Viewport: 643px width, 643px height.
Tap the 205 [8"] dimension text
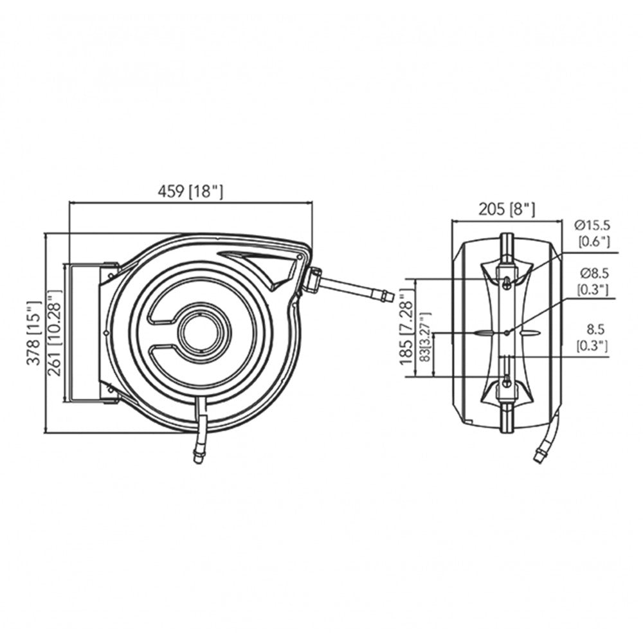coord(506,208)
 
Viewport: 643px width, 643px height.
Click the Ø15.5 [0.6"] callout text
coord(591,232)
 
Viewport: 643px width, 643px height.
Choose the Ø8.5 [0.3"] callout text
coord(591,281)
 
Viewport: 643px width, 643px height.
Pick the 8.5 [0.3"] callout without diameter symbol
coord(591,338)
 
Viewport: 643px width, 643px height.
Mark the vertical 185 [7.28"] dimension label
coord(406,327)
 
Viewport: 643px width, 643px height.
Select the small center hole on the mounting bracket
coord(507,332)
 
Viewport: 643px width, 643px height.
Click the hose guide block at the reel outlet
coord(314,280)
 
